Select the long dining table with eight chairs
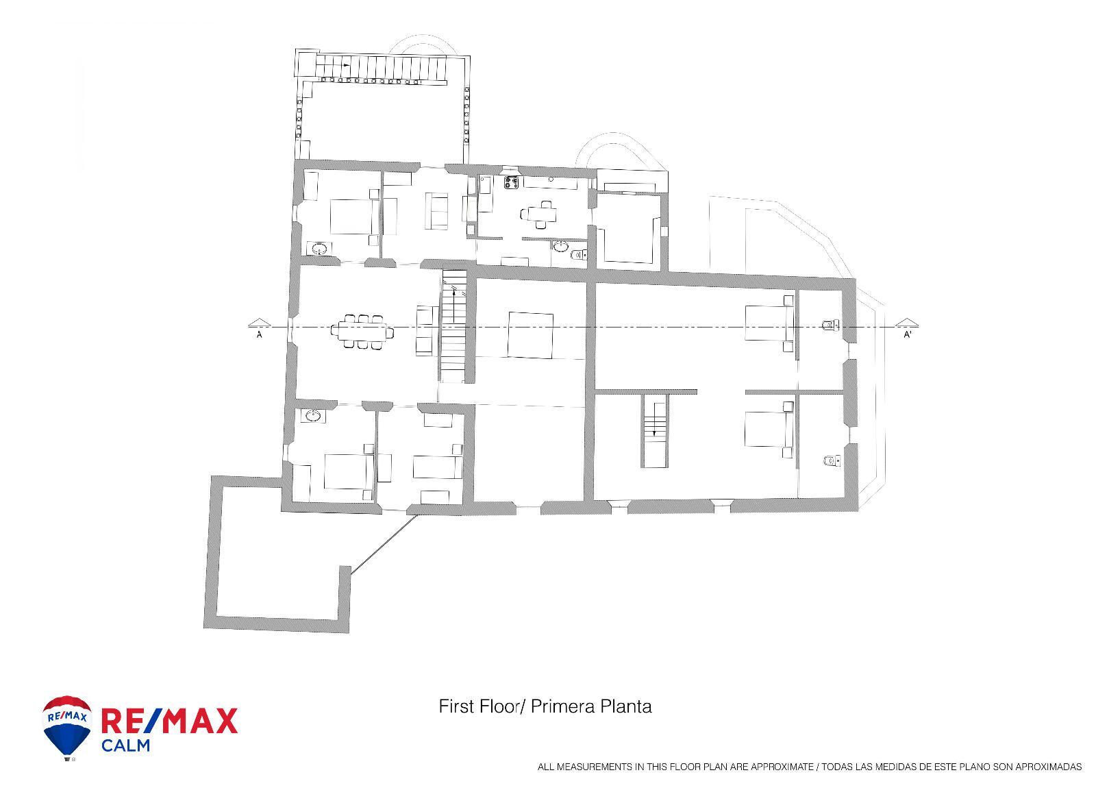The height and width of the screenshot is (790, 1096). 362,332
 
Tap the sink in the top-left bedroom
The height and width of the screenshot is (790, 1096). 319,249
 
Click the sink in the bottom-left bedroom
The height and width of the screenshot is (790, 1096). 313,415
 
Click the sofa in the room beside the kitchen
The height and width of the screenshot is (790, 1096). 436,211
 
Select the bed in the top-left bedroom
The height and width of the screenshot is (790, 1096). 351,217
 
